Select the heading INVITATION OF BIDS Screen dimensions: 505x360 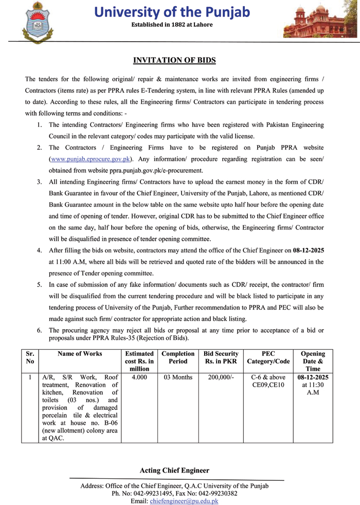coord(174,61)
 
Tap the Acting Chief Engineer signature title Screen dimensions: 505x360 coord(174,471)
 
